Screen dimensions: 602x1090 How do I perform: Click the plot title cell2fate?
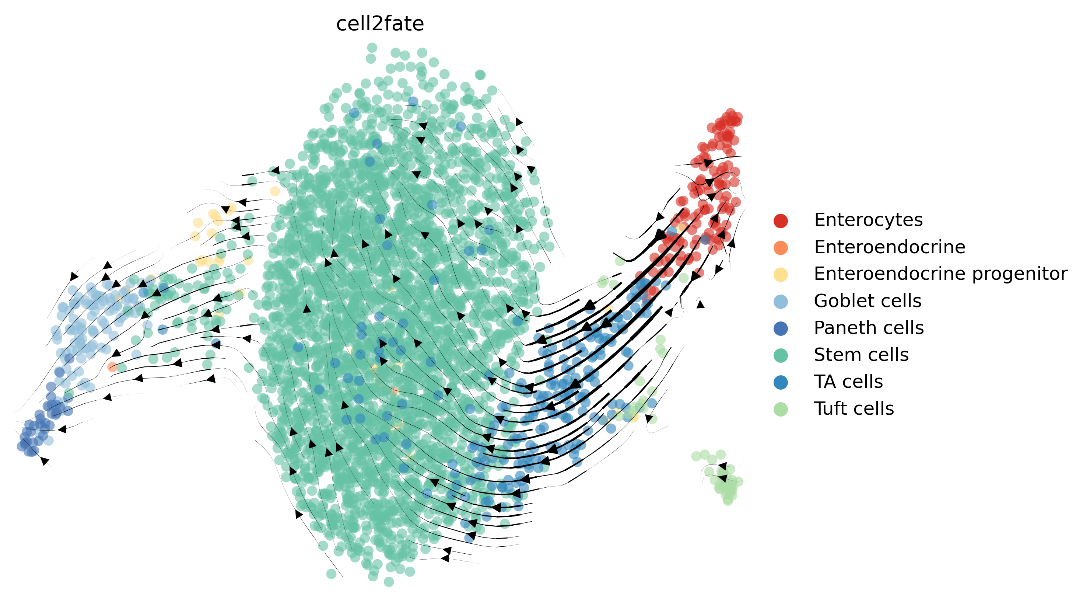coord(379,24)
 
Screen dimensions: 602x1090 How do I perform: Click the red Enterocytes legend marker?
coord(780,220)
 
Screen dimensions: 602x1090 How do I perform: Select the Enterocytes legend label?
coord(868,220)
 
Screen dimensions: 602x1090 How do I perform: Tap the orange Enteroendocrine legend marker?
coord(780,248)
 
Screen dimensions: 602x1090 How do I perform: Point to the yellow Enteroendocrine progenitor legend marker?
coord(780,274)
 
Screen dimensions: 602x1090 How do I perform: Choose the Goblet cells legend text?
coord(867,301)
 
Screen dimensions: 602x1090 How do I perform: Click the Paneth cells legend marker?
coord(780,328)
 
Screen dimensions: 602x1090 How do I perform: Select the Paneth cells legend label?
coord(868,328)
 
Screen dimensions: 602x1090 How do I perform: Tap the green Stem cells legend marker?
coord(780,355)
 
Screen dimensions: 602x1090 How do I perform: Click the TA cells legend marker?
coord(780,382)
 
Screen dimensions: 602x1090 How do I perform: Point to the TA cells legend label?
coord(848,382)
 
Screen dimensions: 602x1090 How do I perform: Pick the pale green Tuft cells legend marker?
coord(780,409)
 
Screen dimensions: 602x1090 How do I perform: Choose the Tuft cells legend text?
coord(854,409)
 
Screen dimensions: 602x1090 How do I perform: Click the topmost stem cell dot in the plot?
coord(372,47)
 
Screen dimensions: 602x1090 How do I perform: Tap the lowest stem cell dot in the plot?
coord(388,582)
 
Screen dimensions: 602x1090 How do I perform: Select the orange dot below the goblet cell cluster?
coord(112,367)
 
